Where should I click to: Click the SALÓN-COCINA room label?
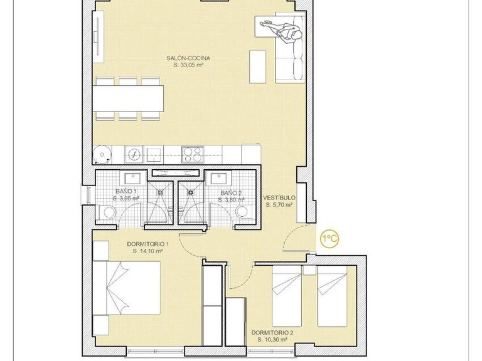pyautogui.click(x=188, y=58)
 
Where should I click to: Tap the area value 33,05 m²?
pyautogui.click(x=188, y=65)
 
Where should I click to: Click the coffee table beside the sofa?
pyautogui.click(x=258, y=65)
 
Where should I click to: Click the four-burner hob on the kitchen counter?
pyautogui.click(x=192, y=154)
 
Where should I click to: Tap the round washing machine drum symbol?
pyautogui.click(x=102, y=154)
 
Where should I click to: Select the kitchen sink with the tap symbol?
pyautogui.click(x=134, y=154)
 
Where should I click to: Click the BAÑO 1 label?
pyautogui.click(x=126, y=192)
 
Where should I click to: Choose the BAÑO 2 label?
pyautogui.click(x=231, y=193)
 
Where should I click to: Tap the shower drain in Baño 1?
pyautogui.click(x=161, y=193)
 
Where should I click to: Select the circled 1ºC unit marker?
pyautogui.click(x=330, y=239)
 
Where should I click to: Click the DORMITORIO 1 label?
pyautogui.click(x=148, y=244)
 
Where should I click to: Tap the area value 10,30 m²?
pyautogui.click(x=272, y=339)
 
